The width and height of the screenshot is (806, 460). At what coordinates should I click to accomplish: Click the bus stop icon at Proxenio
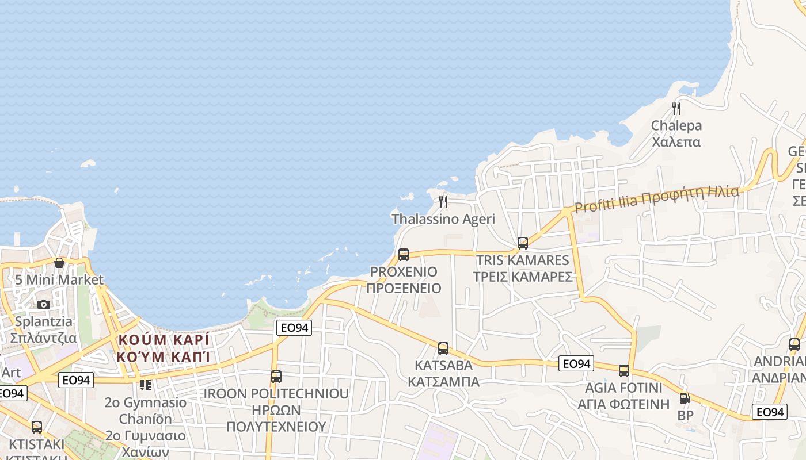[x=404, y=254]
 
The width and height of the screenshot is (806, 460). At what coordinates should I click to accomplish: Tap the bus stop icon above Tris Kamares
[x=523, y=243]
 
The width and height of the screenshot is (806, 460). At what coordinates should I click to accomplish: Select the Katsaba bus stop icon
[x=443, y=348]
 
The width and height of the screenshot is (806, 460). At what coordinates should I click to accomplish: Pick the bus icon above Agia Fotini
[x=624, y=370]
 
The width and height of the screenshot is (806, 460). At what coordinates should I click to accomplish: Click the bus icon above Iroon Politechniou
[x=276, y=377]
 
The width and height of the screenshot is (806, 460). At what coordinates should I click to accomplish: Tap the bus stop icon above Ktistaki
[x=37, y=427]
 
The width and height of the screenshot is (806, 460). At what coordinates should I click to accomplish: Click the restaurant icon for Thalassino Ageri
[x=443, y=201]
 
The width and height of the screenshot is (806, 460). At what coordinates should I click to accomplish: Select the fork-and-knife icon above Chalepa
[x=676, y=108]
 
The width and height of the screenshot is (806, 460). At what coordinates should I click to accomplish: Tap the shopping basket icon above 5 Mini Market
[x=59, y=263]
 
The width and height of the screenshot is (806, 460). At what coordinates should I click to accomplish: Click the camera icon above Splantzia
[x=44, y=304]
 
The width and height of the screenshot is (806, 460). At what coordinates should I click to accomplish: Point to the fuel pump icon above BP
[x=685, y=398]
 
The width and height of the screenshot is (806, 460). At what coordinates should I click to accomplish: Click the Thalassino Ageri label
[x=443, y=219]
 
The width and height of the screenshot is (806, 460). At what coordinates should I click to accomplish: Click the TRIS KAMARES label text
[x=523, y=260]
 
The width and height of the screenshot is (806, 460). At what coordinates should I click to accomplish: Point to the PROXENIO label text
[x=404, y=271]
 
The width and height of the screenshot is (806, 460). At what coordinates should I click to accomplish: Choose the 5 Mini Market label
[x=59, y=280]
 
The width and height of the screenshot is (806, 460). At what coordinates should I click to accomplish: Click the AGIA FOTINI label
[x=624, y=387]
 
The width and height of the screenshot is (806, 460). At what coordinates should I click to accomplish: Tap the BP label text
[x=685, y=415]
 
